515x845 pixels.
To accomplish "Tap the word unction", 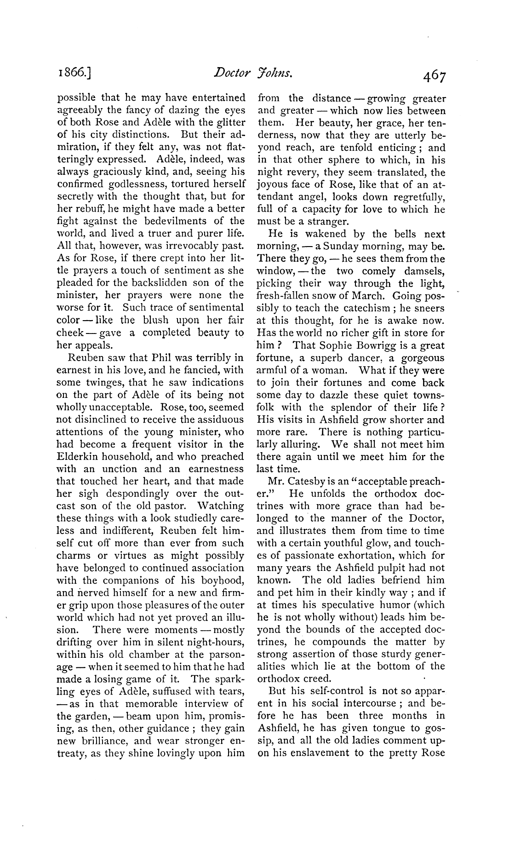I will [115, 469].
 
